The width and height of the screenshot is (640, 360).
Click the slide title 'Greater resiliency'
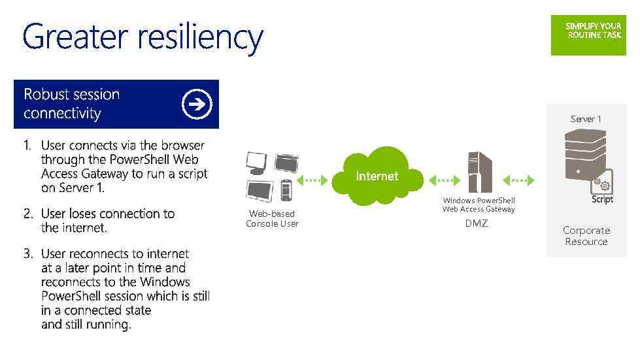[x=143, y=38]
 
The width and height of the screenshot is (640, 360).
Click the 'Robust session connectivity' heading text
[x=72, y=104]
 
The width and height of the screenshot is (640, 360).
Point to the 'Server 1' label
[x=585, y=119]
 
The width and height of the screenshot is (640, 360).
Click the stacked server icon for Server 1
[x=583, y=154]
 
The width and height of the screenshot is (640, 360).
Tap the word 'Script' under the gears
[x=602, y=199]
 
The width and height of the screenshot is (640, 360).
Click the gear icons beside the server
[x=601, y=184]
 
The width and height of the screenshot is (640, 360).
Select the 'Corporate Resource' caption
[x=586, y=236]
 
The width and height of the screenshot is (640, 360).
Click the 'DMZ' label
[x=476, y=223]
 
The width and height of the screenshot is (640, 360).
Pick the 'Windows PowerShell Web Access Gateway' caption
[x=479, y=205]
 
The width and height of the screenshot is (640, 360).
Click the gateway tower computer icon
[x=479, y=172]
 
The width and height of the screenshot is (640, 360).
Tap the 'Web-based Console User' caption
[x=272, y=218]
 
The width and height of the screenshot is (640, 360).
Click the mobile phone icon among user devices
[x=286, y=190]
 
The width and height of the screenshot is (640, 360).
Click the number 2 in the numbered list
[x=28, y=214]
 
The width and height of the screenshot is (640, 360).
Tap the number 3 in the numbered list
[x=28, y=254]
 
